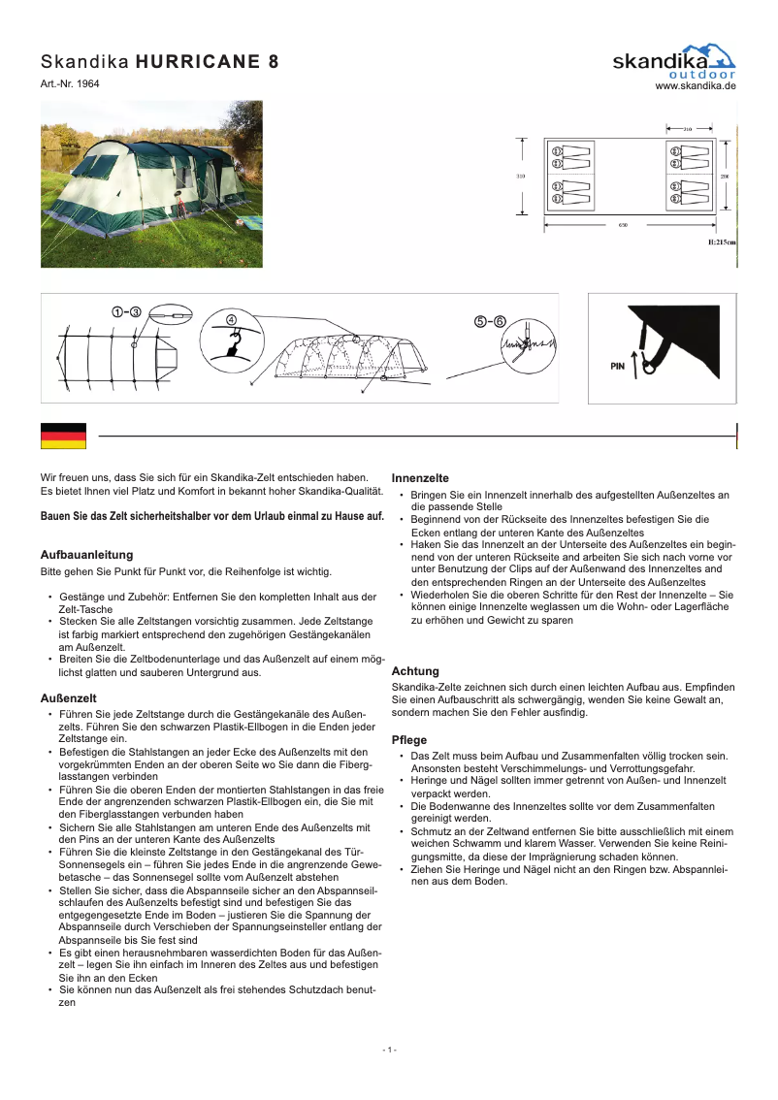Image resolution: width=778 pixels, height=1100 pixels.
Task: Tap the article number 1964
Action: point(87,84)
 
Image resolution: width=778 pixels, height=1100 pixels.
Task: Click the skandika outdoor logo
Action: point(674,61)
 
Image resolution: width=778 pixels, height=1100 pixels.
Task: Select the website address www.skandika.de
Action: point(696,86)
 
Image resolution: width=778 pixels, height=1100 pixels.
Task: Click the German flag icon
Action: point(63,437)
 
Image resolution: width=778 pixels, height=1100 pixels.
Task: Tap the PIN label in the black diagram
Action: point(617,367)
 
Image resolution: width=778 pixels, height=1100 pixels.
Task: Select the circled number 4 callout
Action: point(231,319)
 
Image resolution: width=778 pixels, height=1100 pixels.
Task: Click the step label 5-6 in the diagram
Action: point(490,321)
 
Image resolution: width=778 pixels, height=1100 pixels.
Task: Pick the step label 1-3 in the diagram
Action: point(126,311)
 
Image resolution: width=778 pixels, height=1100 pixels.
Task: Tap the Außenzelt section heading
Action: point(67,697)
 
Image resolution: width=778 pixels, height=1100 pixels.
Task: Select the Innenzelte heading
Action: point(420,478)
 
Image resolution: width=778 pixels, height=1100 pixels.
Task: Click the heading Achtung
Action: point(415,671)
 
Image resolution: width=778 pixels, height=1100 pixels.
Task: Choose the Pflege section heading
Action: point(408,740)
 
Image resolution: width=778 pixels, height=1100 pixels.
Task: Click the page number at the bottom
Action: point(389,1051)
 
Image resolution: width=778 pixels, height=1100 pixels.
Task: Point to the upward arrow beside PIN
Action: point(634,364)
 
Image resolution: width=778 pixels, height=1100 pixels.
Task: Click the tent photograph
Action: point(150,183)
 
